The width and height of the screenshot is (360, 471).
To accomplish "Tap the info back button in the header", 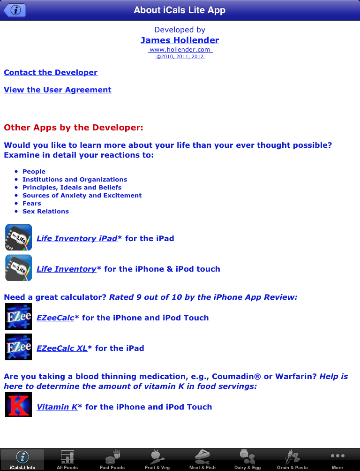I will coord(15,10).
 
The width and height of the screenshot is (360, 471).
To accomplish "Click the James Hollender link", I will coord(180,40).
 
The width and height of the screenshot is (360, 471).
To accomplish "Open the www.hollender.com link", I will coord(180,50).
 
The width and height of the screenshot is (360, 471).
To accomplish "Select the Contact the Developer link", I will coord(51,73).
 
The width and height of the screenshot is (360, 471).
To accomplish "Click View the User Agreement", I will coord(58,90).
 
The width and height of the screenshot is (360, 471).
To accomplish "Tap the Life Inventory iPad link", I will coord(77,239).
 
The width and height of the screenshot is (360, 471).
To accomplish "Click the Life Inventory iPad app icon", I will coord(18,237).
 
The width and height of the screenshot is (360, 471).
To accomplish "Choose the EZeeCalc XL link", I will coord(62,349).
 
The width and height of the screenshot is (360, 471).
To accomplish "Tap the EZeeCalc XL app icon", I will coord(18,347).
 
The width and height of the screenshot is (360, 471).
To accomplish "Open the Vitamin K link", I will coord(57,407).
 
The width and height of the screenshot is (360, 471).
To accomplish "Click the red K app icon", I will coord(18,404).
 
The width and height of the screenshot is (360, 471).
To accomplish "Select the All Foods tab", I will coord(67,460).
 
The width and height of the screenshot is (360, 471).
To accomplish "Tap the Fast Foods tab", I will coord(112,460).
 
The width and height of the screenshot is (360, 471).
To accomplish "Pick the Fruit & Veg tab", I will coord(157,460).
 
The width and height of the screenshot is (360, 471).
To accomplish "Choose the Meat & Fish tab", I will coord(202,460).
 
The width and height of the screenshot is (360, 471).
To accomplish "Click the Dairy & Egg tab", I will coord(247,460).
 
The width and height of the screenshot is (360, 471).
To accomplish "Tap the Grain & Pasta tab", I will coord(292,460).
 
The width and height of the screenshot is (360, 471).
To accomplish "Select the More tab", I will coord(337,460).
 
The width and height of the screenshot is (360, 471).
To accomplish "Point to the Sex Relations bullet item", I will coord(45,212).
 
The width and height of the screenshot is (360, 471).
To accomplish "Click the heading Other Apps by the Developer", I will coord(74,128).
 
